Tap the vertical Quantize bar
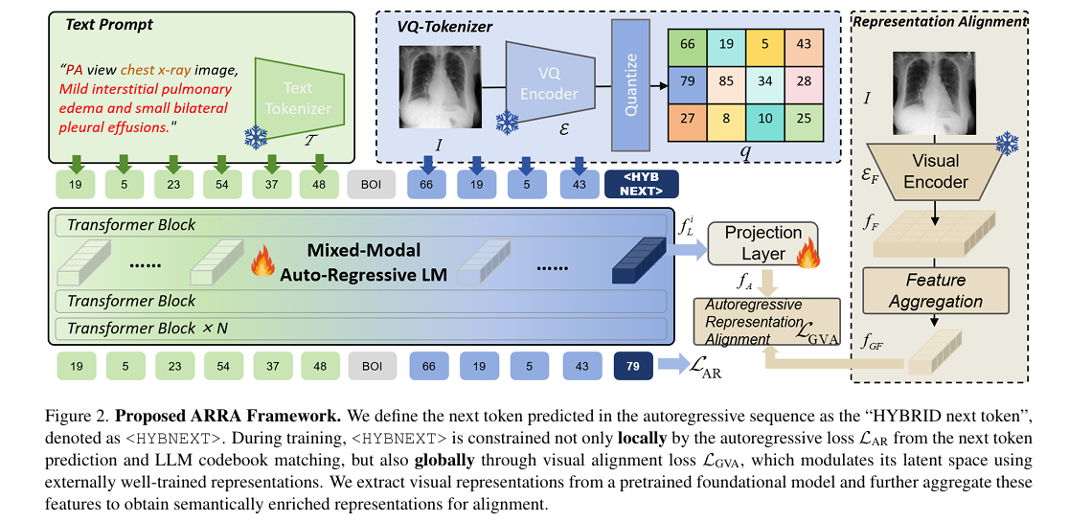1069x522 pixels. point(631,83)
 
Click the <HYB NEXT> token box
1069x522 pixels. point(642,183)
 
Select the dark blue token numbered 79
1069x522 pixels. point(632,367)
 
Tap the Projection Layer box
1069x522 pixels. point(762,243)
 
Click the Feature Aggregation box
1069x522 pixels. point(936,290)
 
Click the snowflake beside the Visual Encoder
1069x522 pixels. point(1006,144)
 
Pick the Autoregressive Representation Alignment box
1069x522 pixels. point(766,321)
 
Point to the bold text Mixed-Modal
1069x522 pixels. point(364,251)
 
